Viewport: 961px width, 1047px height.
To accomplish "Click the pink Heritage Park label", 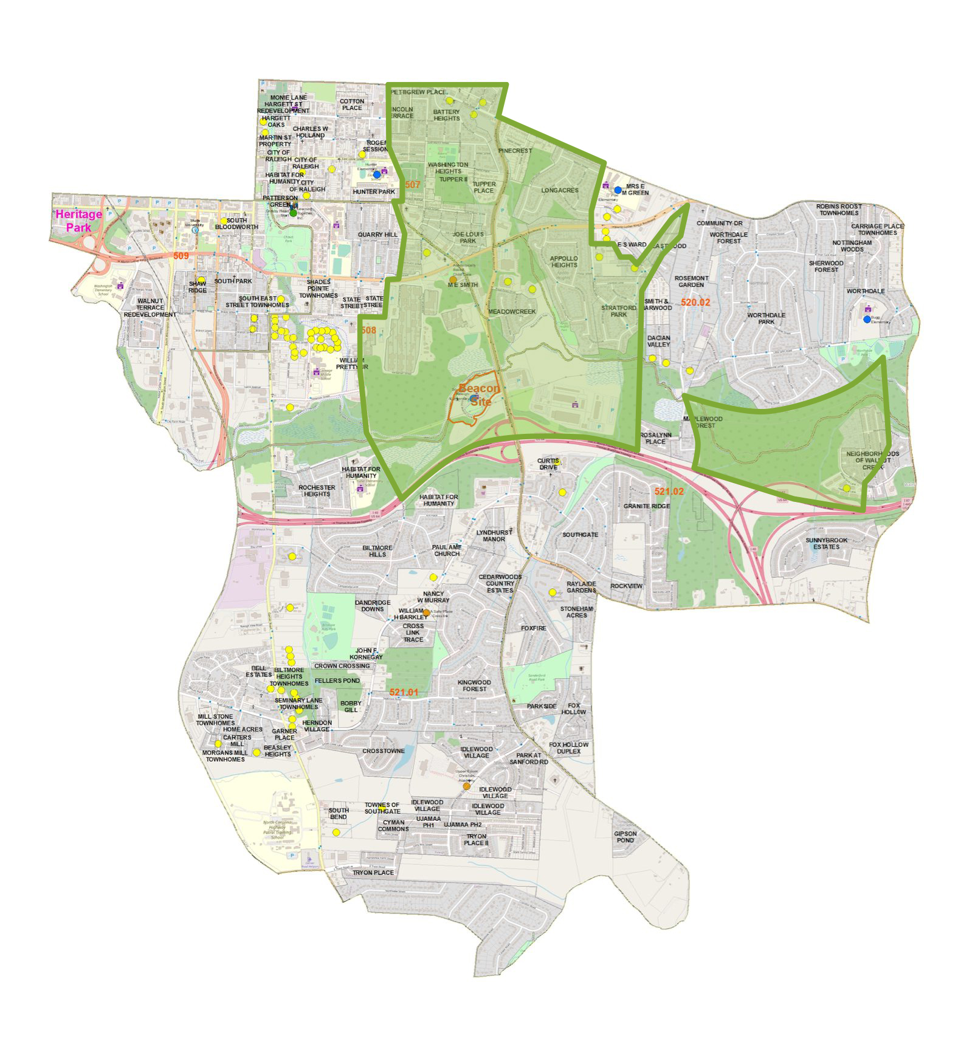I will click(78, 221).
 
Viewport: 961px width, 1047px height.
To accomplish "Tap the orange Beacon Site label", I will click(480, 394).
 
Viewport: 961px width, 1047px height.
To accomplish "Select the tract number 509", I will click(181, 256).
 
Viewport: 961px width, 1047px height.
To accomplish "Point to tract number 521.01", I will click(404, 692).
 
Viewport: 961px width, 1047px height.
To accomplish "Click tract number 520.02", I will click(695, 302).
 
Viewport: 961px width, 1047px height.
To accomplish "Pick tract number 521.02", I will click(669, 491).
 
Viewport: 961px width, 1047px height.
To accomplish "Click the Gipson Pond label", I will click(625, 837).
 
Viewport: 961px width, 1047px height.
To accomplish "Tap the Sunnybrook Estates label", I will click(826, 543).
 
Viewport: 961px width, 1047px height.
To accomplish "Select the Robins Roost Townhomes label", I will click(838, 210).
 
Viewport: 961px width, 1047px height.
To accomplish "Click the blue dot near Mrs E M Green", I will click(618, 190).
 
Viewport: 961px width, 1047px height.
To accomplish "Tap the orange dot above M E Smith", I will click(453, 280).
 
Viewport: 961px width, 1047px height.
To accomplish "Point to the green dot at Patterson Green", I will click(293, 213).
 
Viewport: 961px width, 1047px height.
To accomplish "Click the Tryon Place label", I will click(373, 872).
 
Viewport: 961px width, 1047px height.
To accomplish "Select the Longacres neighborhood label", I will click(559, 190).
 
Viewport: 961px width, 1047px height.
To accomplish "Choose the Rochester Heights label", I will click(317, 490).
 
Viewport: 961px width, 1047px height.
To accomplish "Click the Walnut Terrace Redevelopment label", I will click(150, 307).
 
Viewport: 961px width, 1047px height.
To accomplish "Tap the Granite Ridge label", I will click(646, 506).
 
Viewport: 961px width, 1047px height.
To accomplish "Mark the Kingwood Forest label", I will click(474, 685).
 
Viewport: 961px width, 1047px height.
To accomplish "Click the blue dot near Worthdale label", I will click(867, 319).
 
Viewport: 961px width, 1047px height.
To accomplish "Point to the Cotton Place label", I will click(352, 105).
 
